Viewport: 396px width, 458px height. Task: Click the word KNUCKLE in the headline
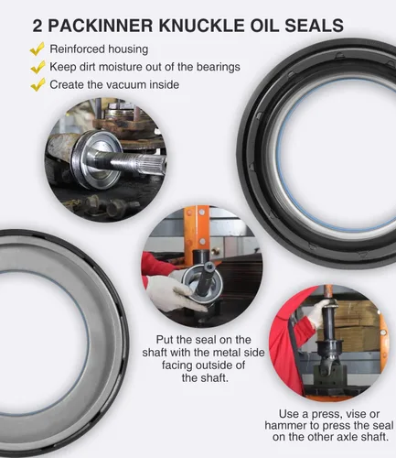coord(201,26)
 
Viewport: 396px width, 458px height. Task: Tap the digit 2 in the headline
coord(37,26)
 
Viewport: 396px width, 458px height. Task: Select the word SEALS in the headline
coord(314,26)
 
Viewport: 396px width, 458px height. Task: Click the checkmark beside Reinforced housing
coord(37,49)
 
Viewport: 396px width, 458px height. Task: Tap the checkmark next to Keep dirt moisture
coord(37,67)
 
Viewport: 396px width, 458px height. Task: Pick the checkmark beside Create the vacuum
coord(37,84)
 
